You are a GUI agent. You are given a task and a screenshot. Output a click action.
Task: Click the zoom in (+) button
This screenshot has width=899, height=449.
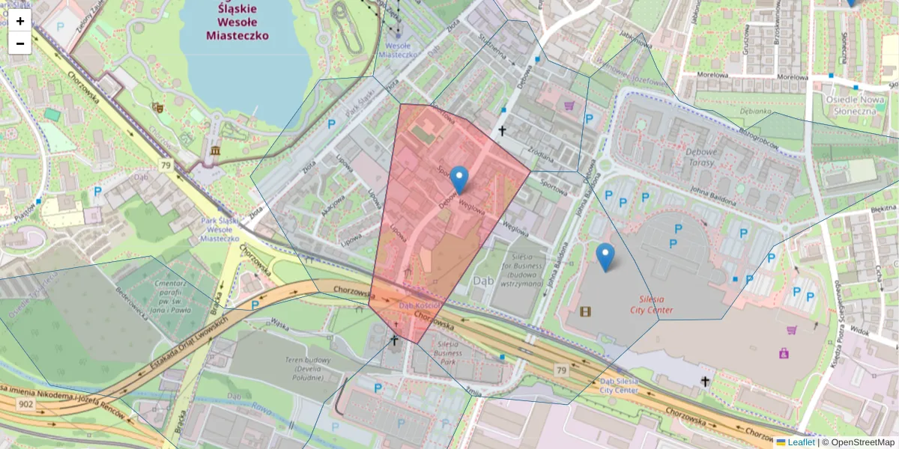pyautogui.click(x=20, y=21)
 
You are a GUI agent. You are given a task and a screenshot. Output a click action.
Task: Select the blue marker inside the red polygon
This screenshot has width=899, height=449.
pyautogui.click(x=459, y=180)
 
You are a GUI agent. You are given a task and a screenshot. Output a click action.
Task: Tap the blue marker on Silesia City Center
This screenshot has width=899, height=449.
pyautogui.click(x=605, y=257)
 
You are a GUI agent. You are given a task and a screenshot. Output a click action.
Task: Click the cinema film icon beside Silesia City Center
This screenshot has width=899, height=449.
pyautogui.click(x=585, y=311)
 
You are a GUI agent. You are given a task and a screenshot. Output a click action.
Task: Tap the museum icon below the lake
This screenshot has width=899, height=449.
pyautogui.click(x=216, y=151)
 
